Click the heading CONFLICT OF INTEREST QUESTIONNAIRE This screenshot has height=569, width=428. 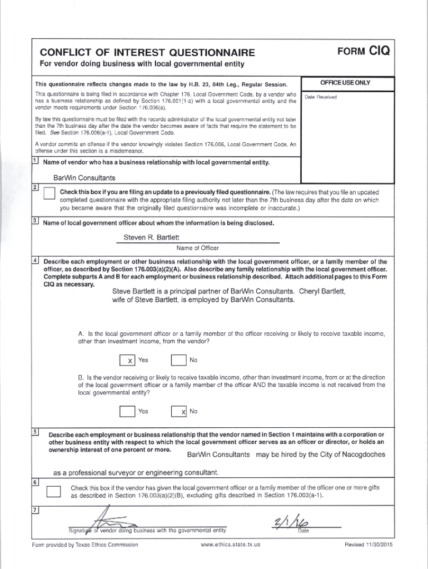point(148,53)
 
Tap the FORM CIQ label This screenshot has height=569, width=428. point(364,52)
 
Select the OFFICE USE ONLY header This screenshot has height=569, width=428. point(345,83)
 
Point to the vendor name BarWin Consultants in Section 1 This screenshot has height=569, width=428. point(84,178)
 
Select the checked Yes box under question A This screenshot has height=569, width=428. point(127,361)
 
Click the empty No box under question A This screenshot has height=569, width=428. point(178,361)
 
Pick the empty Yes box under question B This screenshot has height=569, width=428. point(127,412)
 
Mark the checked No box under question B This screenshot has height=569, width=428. point(178,412)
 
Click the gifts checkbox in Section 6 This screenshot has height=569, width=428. point(53,492)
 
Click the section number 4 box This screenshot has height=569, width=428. point(35,260)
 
